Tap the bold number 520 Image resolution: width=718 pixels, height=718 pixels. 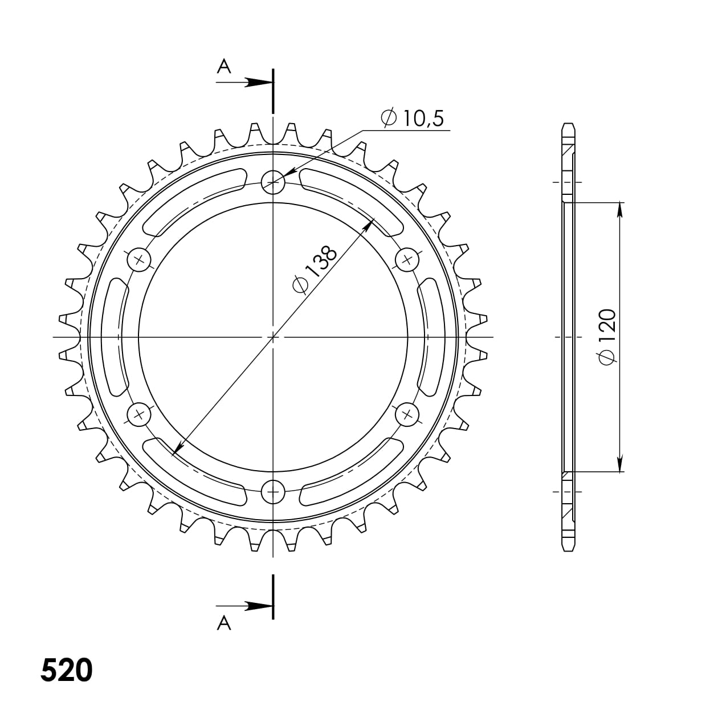pos(67,671)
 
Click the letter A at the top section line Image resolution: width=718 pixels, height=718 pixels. pos(224,67)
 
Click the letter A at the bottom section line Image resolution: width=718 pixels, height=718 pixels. pos(224,624)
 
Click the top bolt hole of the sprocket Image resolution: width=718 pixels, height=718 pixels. pos(273,182)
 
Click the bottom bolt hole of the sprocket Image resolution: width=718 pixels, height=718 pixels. pos(273,491)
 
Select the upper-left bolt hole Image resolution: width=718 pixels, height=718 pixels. pos(138,260)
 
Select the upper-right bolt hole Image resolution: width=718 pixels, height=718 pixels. pos(407,260)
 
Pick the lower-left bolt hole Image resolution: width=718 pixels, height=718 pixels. pos(138,414)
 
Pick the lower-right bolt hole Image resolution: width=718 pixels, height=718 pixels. pos(407,414)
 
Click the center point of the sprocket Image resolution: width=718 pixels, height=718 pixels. pos(273,337)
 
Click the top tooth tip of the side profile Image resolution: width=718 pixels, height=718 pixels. pos(568,125)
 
